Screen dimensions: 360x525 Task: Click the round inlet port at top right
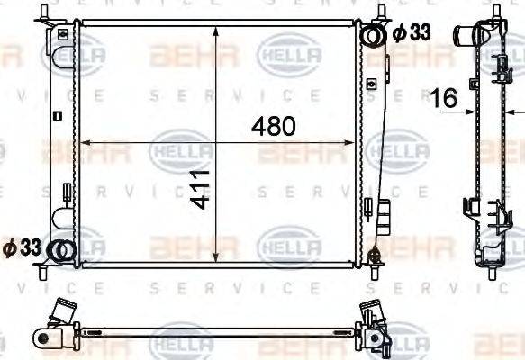point(373,35)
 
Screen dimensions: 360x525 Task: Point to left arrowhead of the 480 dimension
point(85,141)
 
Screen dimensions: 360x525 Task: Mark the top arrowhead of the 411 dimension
point(216,30)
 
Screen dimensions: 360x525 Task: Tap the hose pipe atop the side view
point(466,37)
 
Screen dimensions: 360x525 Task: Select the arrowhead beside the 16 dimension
point(472,111)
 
